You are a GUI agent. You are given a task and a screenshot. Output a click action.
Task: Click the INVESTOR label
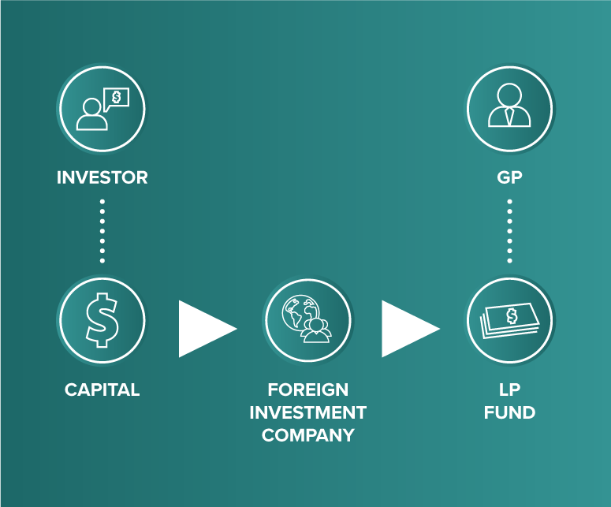102,177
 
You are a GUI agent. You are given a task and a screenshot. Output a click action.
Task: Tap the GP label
509,177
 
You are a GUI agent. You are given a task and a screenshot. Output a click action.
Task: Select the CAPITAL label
102,390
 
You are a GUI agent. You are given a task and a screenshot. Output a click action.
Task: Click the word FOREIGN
307,390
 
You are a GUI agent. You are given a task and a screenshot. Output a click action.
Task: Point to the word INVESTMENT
307,412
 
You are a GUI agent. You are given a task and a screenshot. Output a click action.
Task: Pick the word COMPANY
307,435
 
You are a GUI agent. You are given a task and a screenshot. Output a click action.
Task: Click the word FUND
509,412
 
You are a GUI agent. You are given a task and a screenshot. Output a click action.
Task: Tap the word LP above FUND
509,390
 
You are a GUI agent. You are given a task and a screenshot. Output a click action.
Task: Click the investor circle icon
102,108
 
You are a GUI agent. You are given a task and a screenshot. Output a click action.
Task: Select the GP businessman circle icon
509,108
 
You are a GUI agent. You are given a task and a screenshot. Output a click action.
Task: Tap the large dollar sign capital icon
102,320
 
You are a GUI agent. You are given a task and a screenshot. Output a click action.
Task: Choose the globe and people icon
307,320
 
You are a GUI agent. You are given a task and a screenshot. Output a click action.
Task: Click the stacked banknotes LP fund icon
509,320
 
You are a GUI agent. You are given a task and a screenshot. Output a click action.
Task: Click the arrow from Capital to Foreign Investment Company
205,328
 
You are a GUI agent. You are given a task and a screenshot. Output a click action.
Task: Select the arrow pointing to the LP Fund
408,328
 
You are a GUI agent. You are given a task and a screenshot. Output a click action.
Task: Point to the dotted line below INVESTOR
102,230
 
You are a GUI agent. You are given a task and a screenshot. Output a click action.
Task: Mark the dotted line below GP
509,230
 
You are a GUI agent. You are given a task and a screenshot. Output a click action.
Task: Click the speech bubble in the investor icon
117,97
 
